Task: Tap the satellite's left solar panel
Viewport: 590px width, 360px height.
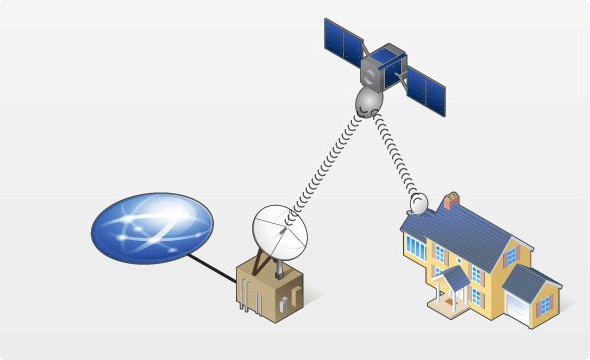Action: tap(343, 38)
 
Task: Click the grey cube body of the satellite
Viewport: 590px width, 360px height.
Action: tap(383, 66)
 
